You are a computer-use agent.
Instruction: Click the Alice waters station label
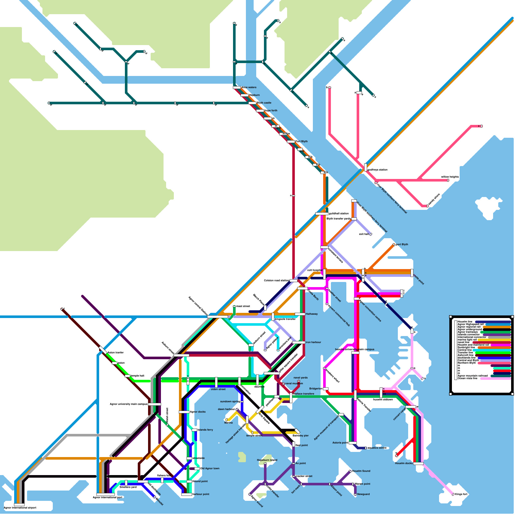(x=249, y=87)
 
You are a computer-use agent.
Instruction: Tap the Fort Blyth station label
(x=301, y=141)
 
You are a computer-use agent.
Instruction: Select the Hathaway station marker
(x=300, y=314)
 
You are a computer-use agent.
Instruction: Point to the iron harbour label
(x=313, y=342)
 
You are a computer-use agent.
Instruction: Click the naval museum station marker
(x=283, y=384)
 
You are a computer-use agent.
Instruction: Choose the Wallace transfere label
(x=304, y=394)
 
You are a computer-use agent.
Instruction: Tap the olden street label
(x=218, y=389)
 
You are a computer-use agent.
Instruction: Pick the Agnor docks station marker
(x=184, y=412)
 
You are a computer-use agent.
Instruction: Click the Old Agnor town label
(x=210, y=468)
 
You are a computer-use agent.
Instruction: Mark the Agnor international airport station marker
(x=19, y=504)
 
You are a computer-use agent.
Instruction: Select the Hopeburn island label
(x=267, y=460)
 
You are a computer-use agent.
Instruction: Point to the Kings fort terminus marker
(x=453, y=494)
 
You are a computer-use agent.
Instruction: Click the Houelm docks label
(x=404, y=463)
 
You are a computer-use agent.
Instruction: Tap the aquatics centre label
(x=377, y=448)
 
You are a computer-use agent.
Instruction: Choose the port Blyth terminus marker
(x=394, y=245)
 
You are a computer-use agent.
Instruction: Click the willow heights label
(x=450, y=177)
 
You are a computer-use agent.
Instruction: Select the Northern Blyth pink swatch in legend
(x=494, y=363)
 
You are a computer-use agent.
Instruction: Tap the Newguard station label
(x=363, y=494)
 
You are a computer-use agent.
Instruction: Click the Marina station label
(x=229, y=423)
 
